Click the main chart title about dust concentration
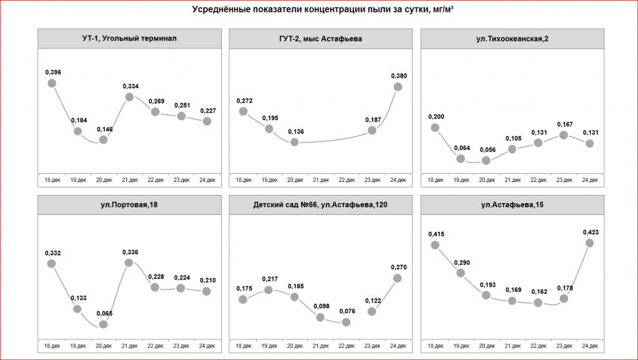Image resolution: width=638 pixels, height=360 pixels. pyautogui.click(x=319, y=10)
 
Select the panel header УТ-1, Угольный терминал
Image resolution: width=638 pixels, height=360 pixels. pyautogui.click(x=130, y=39)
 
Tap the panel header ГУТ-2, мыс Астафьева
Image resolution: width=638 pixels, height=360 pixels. pyautogui.click(x=321, y=39)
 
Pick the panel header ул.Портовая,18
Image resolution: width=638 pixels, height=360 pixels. pyautogui.click(x=130, y=205)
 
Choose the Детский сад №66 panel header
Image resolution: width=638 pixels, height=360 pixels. pyautogui.click(x=321, y=205)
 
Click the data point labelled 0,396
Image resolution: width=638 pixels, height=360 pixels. pyautogui.click(x=52, y=83)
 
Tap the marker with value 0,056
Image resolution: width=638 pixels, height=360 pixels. pyautogui.click(x=486, y=161)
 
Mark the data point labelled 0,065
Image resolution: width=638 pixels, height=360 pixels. pyautogui.click(x=103, y=324)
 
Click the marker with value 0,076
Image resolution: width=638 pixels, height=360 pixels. pyautogui.click(x=346, y=322)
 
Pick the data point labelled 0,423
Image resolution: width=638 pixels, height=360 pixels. pyautogui.click(x=589, y=243)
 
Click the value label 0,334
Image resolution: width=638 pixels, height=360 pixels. pyautogui.click(x=130, y=86)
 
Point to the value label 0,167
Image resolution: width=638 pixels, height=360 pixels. pyautogui.click(x=563, y=124)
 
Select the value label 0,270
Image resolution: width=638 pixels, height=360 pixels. pyautogui.click(x=398, y=267)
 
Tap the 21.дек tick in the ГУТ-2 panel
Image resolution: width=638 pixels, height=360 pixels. pyautogui.click(x=321, y=180)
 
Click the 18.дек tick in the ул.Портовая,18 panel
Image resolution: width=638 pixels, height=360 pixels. pyautogui.click(x=52, y=346)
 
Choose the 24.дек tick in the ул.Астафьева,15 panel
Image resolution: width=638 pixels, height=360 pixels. pyautogui.click(x=589, y=346)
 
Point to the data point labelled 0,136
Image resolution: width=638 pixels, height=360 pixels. pyautogui.click(x=295, y=142)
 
